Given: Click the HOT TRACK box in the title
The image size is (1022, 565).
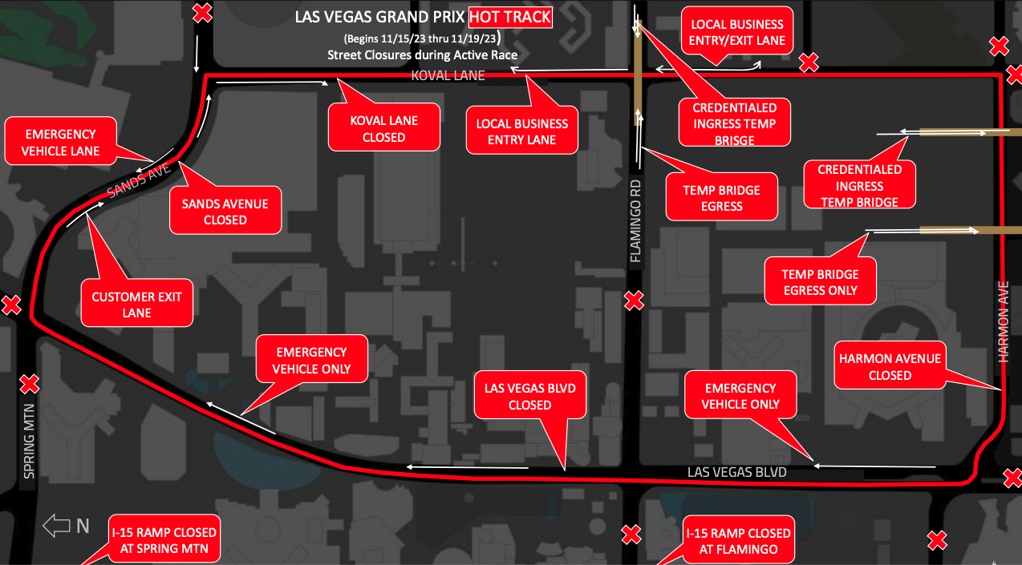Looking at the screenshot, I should click(x=510, y=17).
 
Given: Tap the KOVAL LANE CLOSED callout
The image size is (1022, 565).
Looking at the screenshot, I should click(x=383, y=128).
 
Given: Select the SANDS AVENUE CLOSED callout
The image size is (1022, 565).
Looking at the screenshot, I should click(x=225, y=211).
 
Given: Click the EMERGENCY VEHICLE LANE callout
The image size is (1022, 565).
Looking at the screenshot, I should click(x=60, y=142).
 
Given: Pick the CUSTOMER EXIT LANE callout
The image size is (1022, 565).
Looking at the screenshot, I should click(x=136, y=304).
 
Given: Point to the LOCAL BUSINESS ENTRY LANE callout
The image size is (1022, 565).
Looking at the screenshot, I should click(x=521, y=131).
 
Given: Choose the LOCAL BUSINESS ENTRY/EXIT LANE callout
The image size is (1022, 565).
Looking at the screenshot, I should click(x=736, y=32).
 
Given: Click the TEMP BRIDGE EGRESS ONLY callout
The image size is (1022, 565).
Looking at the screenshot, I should click(x=820, y=281).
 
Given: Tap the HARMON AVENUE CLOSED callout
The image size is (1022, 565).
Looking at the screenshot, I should click(x=890, y=366).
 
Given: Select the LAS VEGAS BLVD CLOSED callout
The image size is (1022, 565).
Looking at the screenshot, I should click(x=529, y=396).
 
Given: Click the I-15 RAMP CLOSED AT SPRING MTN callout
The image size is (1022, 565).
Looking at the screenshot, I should click(x=164, y=540).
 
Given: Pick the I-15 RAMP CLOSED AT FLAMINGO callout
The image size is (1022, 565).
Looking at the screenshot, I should click(x=738, y=541).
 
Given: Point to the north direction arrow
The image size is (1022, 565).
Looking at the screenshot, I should click(x=57, y=526).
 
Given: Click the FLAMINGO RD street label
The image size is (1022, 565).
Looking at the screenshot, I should click(x=636, y=221).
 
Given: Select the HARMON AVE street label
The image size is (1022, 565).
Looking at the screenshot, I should click(x=1003, y=321).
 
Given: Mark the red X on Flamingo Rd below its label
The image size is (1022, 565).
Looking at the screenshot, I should click(x=634, y=301).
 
